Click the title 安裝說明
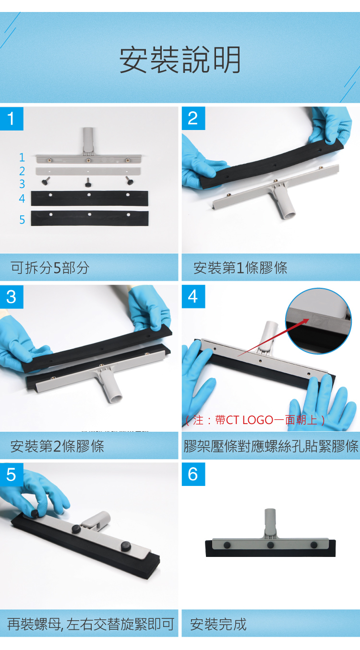(180, 59)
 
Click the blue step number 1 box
(12, 118)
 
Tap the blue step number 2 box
(193, 118)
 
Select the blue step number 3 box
(12, 296)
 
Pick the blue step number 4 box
(193, 296)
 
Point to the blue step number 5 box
(12, 474)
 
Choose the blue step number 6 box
(193, 474)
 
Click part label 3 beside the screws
(22, 184)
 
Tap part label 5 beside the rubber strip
(22, 220)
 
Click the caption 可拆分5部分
(50, 268)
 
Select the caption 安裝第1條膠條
(240, 268)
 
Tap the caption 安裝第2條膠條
(57, 446)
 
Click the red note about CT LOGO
(255, 420)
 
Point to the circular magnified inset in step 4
(319, 321)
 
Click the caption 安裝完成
(218, 624)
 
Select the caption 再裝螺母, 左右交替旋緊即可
(91, 624)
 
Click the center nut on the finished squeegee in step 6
(270, 545)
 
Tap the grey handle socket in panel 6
(270, 522)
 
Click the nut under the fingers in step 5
(35, 513)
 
